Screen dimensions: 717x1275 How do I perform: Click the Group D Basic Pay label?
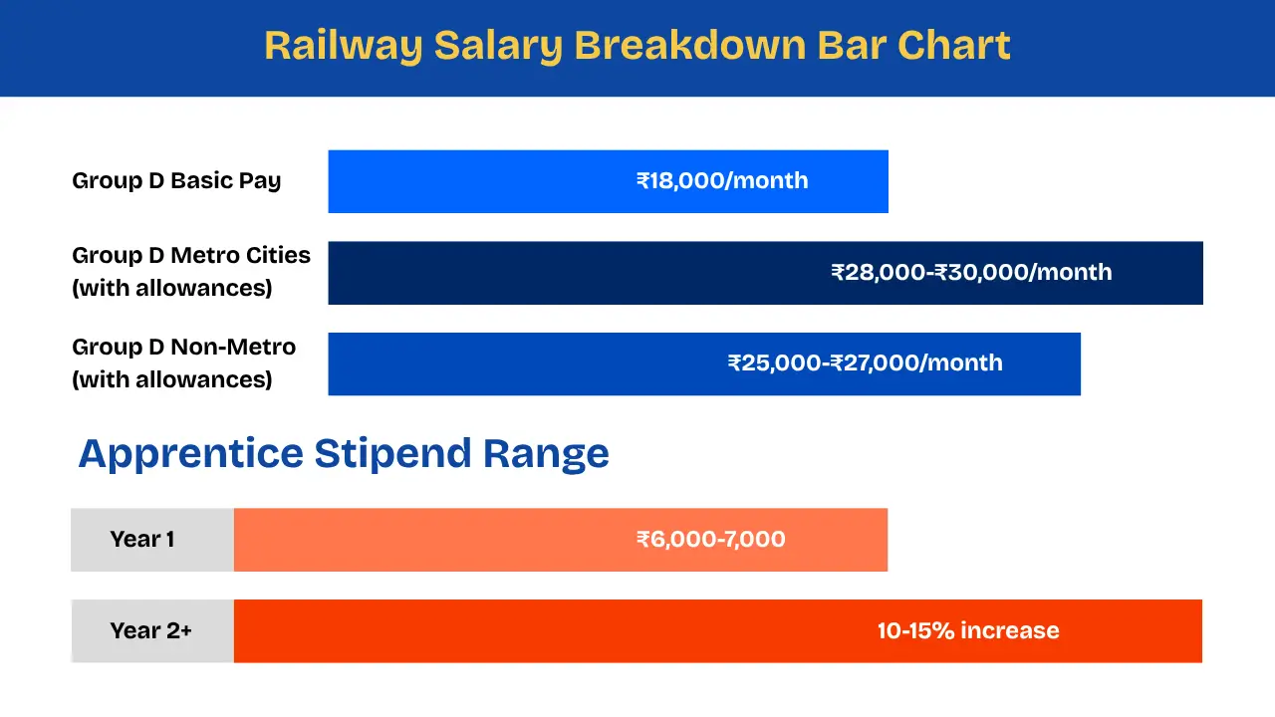(176, 181)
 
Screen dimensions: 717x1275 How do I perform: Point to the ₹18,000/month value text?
(722, 181)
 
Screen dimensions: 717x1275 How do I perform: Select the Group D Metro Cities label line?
(191, 256)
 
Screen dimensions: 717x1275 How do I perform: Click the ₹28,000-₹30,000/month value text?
(971, 273)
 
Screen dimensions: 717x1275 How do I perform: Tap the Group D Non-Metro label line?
(184, 348)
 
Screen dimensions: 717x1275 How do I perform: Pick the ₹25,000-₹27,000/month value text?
(865, 363)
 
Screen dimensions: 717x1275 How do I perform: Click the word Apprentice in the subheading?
(190, 454)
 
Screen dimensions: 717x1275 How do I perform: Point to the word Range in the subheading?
(546, 454)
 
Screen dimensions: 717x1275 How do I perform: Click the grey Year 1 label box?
(151, 540)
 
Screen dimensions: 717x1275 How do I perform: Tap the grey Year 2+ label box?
(151, 631)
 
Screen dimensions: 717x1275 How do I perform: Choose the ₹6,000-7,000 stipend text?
(711, 540)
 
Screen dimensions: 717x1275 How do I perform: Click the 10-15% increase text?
(968, 631)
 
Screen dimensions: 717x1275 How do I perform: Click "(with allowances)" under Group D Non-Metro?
(172, 380)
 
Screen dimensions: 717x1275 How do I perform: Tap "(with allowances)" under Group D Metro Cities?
(172, 289)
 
